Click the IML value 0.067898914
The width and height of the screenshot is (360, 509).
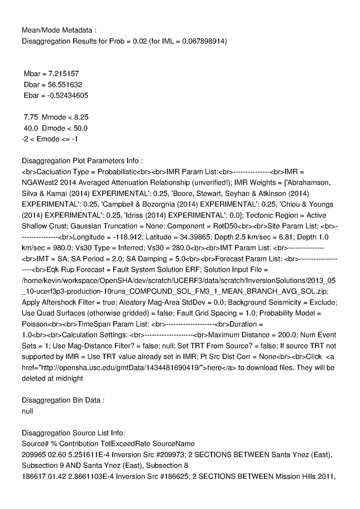click(x=201, y=41)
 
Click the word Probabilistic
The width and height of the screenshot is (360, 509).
click(x=117, y=172)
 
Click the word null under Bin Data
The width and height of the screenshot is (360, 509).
click(x=27, y=411)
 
